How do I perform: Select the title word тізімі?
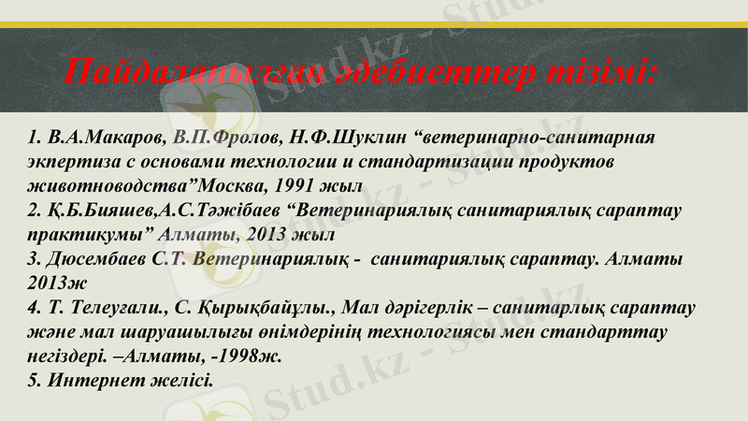598,71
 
